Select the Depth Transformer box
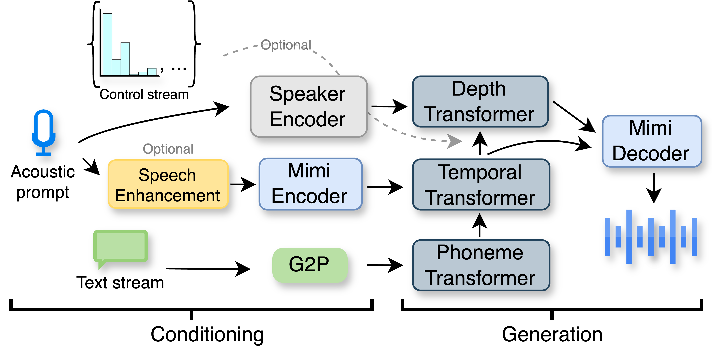(x=480, y=101)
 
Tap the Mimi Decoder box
(x=651, y=141)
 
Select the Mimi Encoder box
(x=310, y=184)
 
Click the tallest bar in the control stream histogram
(x=108, y=44)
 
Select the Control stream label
(x=144, y=95)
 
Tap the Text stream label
(x=120, y=283)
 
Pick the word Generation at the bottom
(x=552, y=334)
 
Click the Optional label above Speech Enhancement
(x=168, y=149)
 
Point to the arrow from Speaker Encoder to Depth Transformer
(x=389, y=106)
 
